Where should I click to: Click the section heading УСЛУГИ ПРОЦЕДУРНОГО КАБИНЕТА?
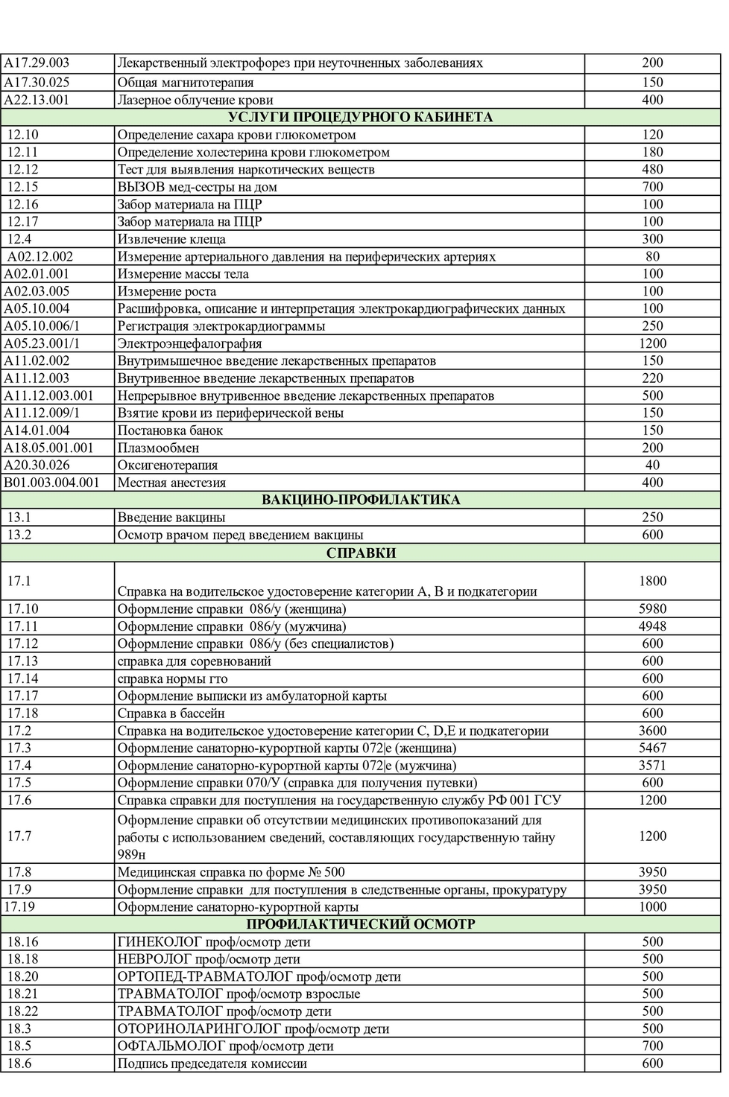(360, 117)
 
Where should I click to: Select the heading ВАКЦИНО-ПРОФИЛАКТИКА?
(361, 500)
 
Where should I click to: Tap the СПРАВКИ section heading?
(361, 553)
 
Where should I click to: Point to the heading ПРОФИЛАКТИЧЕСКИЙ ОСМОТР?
(361, 924)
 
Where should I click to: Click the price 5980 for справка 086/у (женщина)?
(652, 608)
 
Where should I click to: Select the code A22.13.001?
(37, 100)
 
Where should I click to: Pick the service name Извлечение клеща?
(171, 239)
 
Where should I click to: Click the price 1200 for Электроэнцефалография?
(652, 343)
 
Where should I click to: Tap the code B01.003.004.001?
(51, 483)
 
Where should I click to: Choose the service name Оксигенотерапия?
(168, 465)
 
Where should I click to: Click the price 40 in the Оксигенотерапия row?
(652, 465)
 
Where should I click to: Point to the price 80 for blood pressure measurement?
(652, 256)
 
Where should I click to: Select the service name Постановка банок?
(170, 430)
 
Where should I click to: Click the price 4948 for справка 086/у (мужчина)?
(652, 626)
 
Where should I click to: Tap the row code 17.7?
(19, 836)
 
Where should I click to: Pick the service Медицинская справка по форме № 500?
(231, 872)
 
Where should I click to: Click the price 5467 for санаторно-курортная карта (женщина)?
(652, 748)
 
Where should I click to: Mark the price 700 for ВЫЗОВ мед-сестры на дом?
(652, 187)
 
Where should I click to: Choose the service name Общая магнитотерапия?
(186, 83)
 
